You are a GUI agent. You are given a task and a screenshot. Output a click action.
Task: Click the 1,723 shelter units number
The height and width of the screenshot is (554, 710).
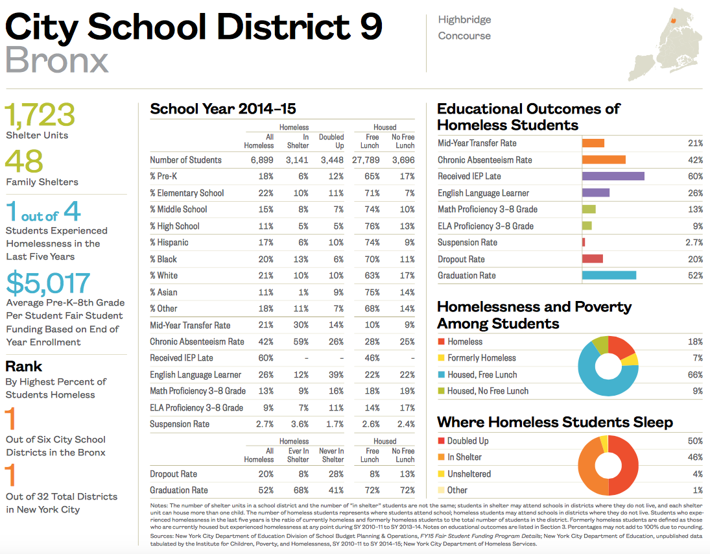click(x=40, y=115)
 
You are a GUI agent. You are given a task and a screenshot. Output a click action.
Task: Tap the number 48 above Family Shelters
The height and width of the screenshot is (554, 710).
click(x=25, y=162)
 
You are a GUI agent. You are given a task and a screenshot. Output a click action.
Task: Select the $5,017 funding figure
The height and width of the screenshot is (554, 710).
click(x=48, y=283)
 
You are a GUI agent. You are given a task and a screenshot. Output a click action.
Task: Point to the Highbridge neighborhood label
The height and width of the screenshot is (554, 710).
click(x=464, y=20)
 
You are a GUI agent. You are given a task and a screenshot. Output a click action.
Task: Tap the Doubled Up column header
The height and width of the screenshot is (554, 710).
click(x=331, y=141)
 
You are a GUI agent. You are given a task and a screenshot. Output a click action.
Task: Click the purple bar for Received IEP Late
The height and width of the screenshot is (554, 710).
click(x=613, y=176)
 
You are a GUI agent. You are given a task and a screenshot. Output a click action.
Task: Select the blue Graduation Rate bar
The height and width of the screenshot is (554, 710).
click(x=609, y=276)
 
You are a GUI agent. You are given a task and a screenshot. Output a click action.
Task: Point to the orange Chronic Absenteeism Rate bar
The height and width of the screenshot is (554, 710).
click(x=604, y=160)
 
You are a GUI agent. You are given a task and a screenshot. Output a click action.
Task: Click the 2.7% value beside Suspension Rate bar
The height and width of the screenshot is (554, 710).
click(x=694, y=243)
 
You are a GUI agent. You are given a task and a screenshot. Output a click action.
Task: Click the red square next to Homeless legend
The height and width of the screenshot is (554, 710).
click(x=441, y=342)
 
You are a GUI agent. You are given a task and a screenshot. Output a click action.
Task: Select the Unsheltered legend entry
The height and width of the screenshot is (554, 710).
click(x=469, y=474)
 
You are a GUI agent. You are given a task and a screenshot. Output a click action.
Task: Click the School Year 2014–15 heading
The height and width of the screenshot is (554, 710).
click(x=223, y=109)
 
